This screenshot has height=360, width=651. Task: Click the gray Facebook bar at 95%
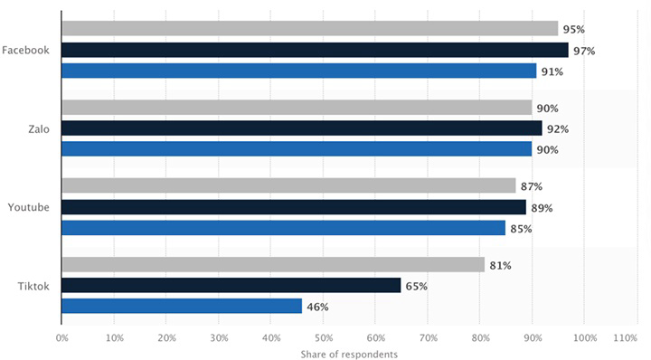[310, 28]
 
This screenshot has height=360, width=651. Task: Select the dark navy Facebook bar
[316, 50]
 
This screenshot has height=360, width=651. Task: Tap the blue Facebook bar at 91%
[299, 71]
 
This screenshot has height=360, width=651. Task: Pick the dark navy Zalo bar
[302, 128]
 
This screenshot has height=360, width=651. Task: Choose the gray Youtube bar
[288, 185]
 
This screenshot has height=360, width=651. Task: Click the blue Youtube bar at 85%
[284, 228]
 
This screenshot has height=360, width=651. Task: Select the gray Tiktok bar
[273, 264]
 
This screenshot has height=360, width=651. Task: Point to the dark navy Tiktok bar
[231, 285]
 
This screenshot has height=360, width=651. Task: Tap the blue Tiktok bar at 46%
[182, 306]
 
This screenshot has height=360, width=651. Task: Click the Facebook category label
[25, 51]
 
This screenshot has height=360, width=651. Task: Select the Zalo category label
[39, 129]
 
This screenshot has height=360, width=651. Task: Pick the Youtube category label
[28, 207]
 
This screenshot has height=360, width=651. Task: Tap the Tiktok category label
[33, 286]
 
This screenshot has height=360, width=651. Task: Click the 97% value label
[584, 51]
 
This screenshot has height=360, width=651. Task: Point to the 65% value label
[417, 287]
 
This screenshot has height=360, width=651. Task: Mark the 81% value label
[500, 266]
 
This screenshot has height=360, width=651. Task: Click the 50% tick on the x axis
[324, 338]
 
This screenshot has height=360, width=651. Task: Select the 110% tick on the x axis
[626, 338]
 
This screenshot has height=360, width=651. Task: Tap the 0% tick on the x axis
[61, 338]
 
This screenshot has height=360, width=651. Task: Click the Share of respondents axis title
[349, 355]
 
